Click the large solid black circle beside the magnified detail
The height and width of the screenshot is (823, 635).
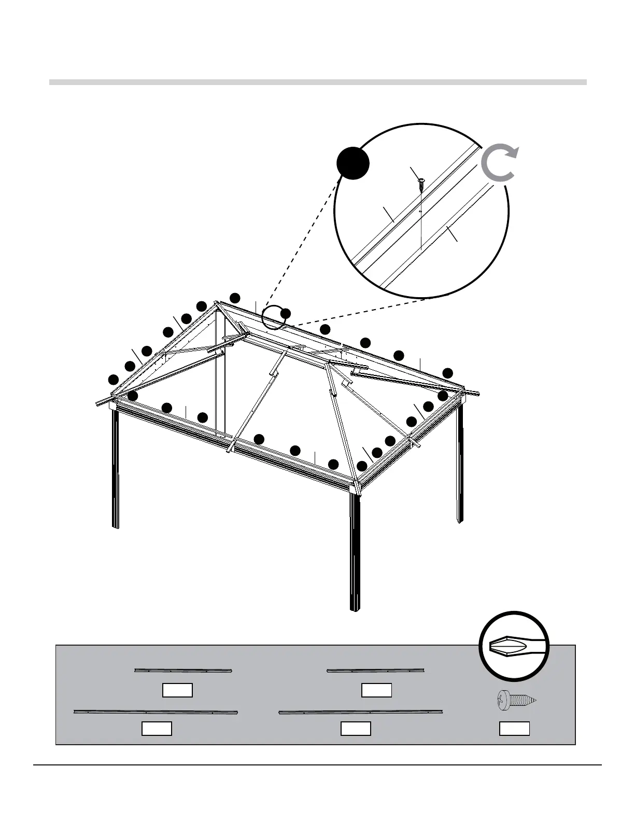352,163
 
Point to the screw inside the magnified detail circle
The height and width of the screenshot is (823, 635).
421,181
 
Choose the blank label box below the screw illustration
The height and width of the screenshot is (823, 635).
514,729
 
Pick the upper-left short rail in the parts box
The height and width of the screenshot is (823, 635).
183,671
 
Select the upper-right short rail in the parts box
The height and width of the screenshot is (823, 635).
376,671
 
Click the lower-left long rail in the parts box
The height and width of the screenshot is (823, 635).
156,712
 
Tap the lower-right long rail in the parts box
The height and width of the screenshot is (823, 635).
361,712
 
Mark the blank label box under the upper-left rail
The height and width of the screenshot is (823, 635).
177,690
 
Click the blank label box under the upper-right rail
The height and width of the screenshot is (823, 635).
376,690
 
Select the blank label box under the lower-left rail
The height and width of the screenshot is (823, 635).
157,729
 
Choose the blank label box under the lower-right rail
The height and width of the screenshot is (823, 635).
356,729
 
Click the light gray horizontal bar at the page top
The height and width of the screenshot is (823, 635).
317,82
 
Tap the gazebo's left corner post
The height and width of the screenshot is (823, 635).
115,467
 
